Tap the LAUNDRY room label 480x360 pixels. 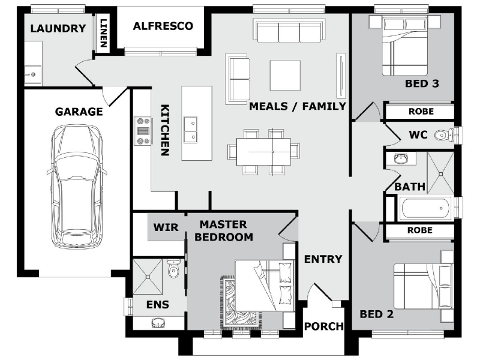coord(58,28)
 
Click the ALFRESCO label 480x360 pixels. coord(163,26)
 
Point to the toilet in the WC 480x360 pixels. coord(445,135)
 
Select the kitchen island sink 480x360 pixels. coord(190,129)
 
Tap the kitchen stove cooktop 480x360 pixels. coord(143,131)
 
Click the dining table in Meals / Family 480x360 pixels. coord(263,152)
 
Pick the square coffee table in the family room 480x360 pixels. coord(284,75)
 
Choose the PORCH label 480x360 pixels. coord(324,326)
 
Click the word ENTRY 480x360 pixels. coord(323,259)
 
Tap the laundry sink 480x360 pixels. coord(33,74)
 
